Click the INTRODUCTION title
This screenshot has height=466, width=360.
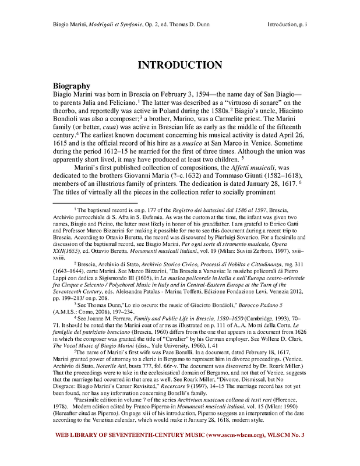click(179, 65)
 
